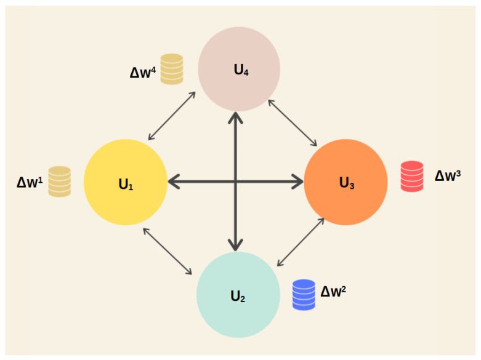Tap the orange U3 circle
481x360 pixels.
click(x=346, y=182)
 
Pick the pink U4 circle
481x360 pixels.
click(x=239, y=70)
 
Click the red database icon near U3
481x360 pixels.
click(x=412, y=176)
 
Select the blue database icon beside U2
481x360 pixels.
click(x=304, y=294)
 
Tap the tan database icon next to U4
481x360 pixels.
click(x=172, y=69)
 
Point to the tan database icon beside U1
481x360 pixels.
click(x=60, y=182)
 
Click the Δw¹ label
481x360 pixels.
click(x=29, y=183)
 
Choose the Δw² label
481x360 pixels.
click(x=333, y=290)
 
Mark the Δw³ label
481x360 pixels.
click(x=448, y=175)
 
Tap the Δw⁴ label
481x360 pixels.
click(x=142, y=72)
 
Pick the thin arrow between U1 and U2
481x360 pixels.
click(x=168, y=251)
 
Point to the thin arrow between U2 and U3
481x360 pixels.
click(x=301, y=242)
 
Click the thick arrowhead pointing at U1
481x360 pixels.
click(x=174, y=182)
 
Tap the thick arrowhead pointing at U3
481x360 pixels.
click(x=298, y=182)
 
